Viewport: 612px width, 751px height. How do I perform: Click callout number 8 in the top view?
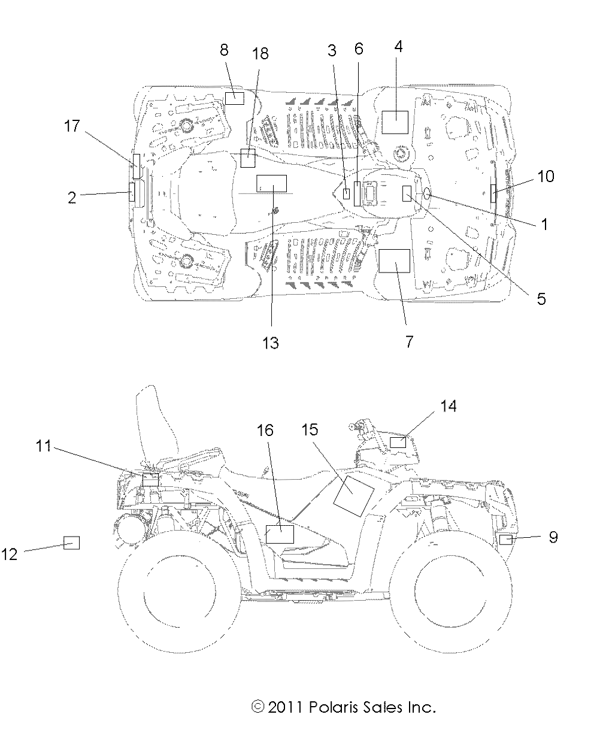pos(224,50)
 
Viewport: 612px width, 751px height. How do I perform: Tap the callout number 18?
pos(260,54)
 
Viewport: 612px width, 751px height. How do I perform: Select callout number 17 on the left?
pos(72,126)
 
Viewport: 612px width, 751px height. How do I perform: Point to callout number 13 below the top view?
pos(271,343)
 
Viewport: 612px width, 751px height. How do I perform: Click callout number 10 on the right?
pos(546,176)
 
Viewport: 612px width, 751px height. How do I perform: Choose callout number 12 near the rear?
pos(10,554)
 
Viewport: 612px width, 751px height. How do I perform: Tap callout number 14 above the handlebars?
pos(448,406)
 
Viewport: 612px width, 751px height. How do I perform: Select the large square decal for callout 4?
pos(395,122)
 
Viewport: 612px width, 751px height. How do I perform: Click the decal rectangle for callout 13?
pos(271,183)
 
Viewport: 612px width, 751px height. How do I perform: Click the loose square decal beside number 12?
pos(72,543)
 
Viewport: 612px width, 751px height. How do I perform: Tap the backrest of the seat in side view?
pos(157,425)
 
